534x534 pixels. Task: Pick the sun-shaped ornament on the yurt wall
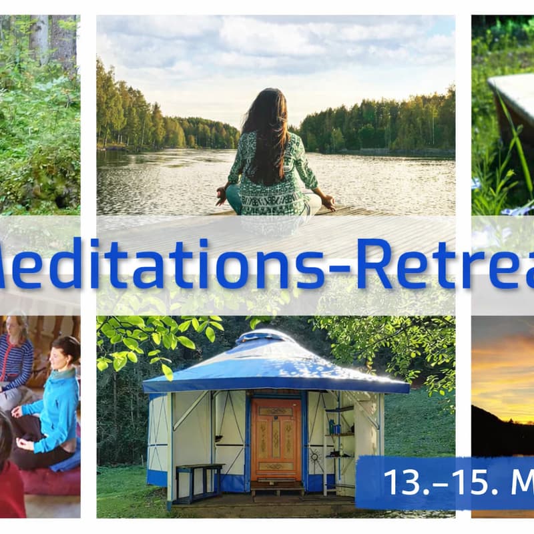(315, 457)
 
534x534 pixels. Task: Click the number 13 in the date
(398, 481)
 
